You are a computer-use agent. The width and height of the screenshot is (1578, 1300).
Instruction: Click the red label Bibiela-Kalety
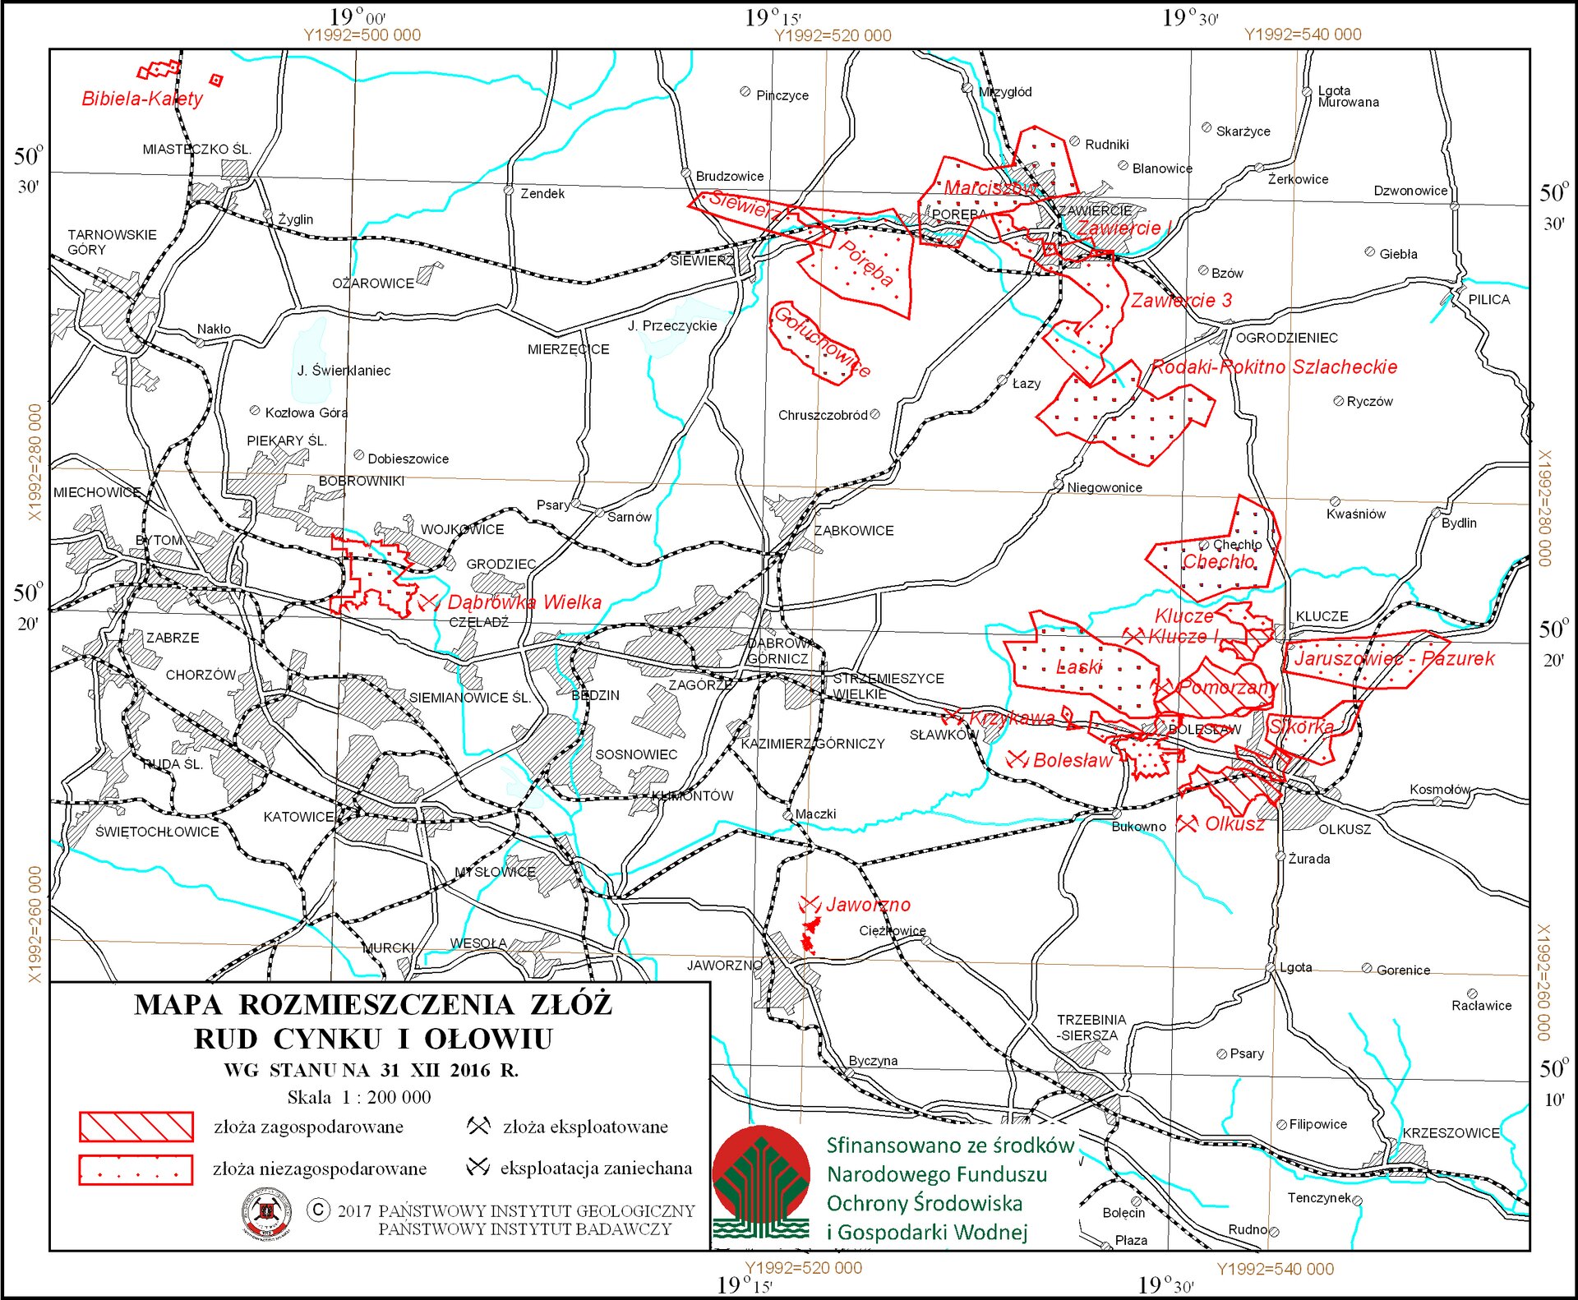[142, 99]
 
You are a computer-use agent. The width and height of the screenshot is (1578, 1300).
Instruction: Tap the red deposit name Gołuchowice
[821, 341]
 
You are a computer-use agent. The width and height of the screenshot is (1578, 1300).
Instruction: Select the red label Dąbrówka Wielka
[524, 602]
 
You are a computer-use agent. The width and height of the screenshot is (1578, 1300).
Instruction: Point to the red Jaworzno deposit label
[868, 905]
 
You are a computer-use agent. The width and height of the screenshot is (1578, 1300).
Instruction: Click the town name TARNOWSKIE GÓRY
[112, 242]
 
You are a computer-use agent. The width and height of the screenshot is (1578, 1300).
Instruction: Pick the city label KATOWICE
[298, 817]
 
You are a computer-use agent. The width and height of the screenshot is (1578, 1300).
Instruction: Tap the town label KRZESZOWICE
[1451, 1132]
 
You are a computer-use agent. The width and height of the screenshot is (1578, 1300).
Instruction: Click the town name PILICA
[1488, 299]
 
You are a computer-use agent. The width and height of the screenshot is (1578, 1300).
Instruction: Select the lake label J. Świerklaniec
[344, 371]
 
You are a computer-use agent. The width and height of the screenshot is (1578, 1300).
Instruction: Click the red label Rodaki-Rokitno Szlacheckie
[1274, 366]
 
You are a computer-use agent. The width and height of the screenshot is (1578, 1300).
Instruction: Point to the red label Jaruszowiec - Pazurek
[1394, 658]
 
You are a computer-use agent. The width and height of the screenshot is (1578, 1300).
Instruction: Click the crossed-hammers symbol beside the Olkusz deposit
[1187, 823]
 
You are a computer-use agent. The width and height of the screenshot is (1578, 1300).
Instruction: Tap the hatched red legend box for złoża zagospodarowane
[136, 1127]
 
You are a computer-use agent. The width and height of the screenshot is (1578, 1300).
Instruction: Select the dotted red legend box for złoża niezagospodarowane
[136, 1169]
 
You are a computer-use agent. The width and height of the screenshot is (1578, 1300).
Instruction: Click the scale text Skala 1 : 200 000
[358, 1097]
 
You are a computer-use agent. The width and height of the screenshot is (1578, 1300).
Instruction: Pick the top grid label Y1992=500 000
[362, 35]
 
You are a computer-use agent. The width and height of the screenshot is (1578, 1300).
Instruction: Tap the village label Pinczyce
[782, 95]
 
